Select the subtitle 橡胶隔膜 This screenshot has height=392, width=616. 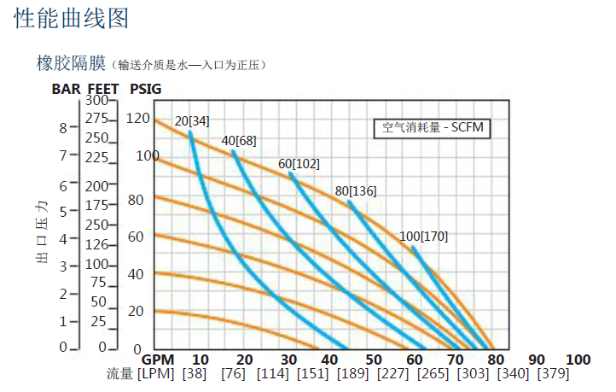[x=70, y=63]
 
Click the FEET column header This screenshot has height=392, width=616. [x=105, y=88]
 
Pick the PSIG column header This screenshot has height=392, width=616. [x=145, y=88]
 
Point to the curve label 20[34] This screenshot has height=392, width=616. [x=192, y=120]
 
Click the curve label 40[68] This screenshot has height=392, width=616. [x=239, y=141]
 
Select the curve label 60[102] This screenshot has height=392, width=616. [x=299, y=164]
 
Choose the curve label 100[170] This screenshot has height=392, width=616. [x=424, y=236]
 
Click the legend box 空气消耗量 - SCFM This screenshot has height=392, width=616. [x=433, y=129]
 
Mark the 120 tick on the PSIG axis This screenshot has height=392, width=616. [x=137, y=118]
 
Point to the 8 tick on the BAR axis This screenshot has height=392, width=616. [x=62, y=127]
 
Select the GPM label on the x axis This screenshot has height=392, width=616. [x=157, y=360]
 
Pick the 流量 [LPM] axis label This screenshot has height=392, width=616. [x=140, y=375]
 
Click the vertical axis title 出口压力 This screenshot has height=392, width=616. [x=41, y=233]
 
